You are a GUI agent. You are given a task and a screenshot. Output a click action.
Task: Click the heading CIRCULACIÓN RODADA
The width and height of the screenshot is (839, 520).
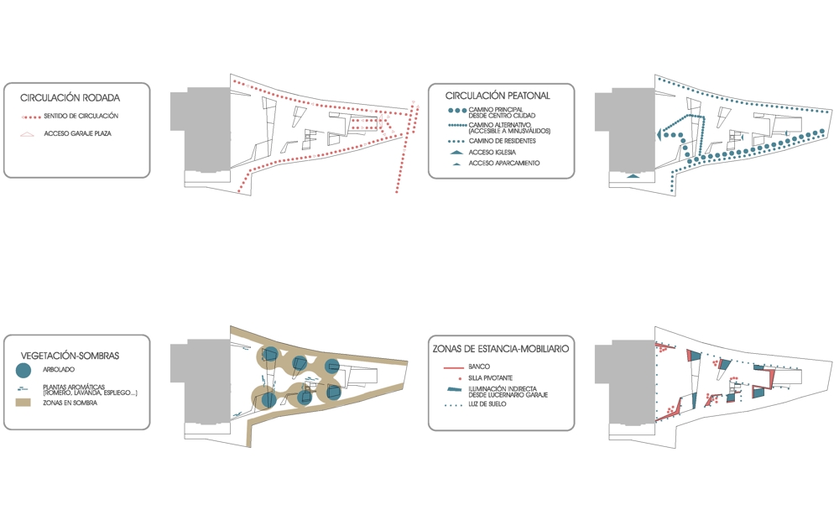pyautogui.click(x=70, y=98)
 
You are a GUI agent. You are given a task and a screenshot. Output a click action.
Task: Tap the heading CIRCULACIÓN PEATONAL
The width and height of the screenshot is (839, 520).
pyautogui.click(x=498, y=96)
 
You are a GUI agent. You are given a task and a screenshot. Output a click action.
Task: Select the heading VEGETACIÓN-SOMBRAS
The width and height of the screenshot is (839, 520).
pyautogui.click(x=70, y=356)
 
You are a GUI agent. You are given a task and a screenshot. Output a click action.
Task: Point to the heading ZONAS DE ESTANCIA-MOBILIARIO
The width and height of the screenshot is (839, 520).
pyautogui.click(x=501, y=349)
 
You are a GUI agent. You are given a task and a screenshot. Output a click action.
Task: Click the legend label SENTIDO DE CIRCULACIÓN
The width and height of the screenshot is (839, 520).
pyautogui.click(x=81, y=116)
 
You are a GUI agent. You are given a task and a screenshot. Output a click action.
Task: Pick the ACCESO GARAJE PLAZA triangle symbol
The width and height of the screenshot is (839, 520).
pyautogui.click(x=27, y=133)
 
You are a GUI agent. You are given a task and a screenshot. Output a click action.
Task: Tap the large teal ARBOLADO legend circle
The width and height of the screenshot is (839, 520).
pyautogui.click(x=23, y=370)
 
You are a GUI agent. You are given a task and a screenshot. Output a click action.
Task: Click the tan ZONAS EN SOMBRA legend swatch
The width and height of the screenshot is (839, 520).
pyautogui.click(x=23, y=403)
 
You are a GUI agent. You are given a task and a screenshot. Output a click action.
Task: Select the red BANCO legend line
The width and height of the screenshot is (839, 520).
pyautogui.click(x=454, y=367)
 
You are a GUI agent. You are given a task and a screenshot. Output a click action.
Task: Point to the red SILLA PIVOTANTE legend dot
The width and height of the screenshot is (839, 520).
pyautogui.click(x=460, y=378)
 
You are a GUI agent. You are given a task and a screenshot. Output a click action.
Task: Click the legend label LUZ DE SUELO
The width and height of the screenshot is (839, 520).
pyautogui.click(x=487, y=404)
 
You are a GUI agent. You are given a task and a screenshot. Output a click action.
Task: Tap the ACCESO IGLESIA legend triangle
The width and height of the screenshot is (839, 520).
pyautogui.click(x=456, y=153)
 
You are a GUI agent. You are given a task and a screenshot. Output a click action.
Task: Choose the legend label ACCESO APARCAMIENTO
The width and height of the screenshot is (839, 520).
pyautogui.click(x=504, y=164)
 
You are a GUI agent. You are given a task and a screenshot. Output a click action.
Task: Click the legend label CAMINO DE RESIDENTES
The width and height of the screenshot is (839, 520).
pyautogui.click(x=502, y=141)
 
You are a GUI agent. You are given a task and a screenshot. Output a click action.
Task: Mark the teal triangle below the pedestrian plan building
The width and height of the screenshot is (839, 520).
pyautogui.click(x=633, y=175)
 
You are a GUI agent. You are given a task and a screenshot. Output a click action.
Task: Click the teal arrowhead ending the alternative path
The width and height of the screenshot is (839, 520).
pyautogui.click(x=659, y=135)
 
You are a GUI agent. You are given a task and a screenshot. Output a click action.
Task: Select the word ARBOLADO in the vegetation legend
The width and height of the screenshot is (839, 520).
pyautogui.click(x=59, y=370)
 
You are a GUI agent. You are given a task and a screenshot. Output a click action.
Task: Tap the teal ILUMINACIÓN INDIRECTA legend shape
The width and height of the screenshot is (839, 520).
pyautogui.click(x=454, y=389)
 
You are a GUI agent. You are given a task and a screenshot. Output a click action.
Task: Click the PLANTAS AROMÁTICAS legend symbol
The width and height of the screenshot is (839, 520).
pyautogui.click(x=22, y=388)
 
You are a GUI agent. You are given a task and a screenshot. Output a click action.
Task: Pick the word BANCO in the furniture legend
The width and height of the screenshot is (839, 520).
pyautogui.click(x=479, y=367)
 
